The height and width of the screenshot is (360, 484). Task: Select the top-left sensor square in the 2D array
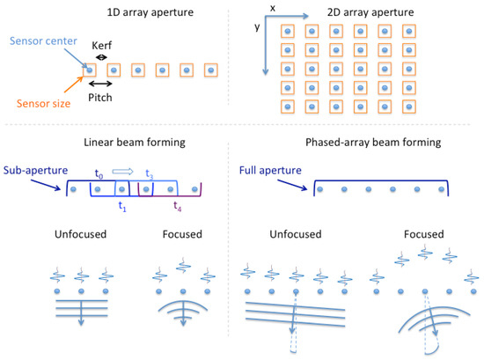tap(287, 32)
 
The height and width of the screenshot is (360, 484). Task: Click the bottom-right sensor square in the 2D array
tap(407, 107)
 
